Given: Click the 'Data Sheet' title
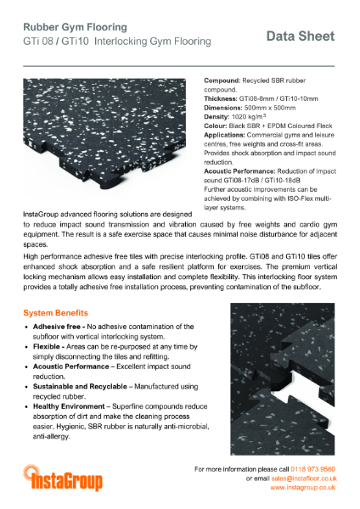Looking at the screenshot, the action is (300, 36).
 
